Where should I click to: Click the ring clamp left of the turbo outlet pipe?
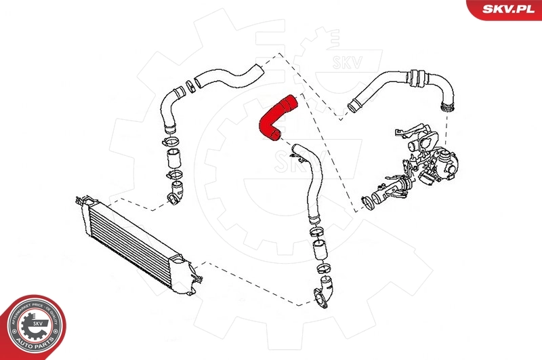click(x=367, y=202)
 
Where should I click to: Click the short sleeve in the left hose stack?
click(x=173, y=161)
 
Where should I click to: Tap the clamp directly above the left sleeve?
click(x=170, y=142)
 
